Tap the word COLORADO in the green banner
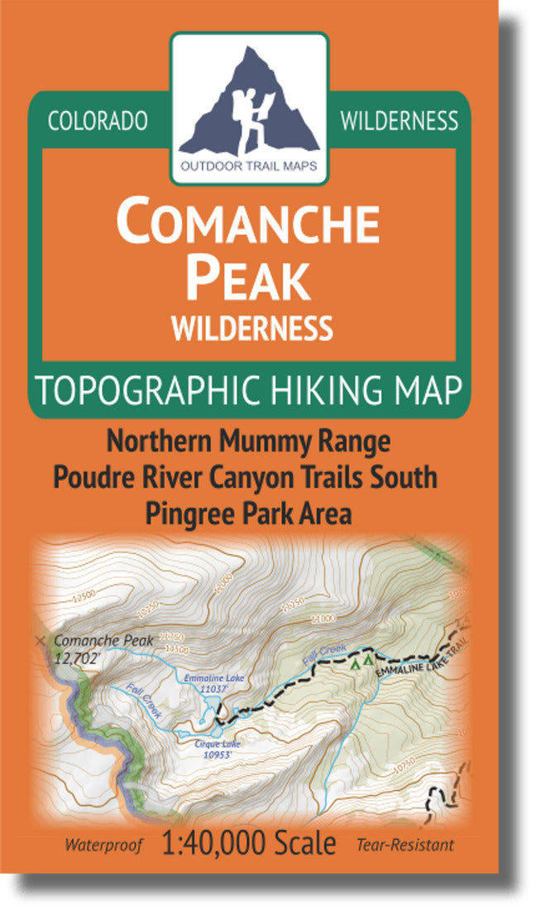(98, 121)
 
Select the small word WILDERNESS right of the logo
(399, 121)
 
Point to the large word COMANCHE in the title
(248, 223)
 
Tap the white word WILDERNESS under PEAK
(251, 328)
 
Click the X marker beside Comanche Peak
(41, 640)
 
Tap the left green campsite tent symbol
(355, 663)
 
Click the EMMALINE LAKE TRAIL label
(418, 660)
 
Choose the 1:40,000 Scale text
(250, 844)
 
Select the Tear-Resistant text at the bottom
(405, 846)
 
